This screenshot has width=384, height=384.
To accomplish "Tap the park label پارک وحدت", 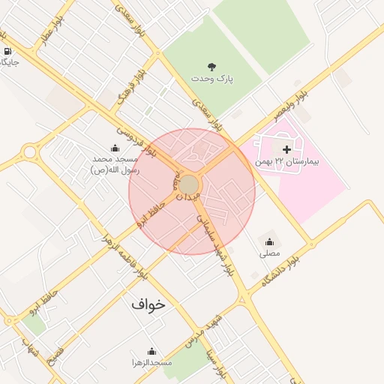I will (x=211, y=79).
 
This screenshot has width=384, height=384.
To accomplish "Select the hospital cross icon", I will (x=286, y=149).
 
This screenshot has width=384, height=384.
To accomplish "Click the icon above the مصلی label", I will (x=269, y=241).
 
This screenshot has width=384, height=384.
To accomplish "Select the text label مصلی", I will (x=269, y=253).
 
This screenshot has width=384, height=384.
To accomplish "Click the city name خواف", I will (x=147, y=304).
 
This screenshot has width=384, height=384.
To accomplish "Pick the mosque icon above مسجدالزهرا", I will (x=151, y=351).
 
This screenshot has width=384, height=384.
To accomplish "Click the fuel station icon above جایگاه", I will (x=7, y=52).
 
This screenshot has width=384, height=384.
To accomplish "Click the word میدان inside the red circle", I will (x=188, y=196).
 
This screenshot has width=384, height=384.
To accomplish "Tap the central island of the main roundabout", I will (x=189, y=184).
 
